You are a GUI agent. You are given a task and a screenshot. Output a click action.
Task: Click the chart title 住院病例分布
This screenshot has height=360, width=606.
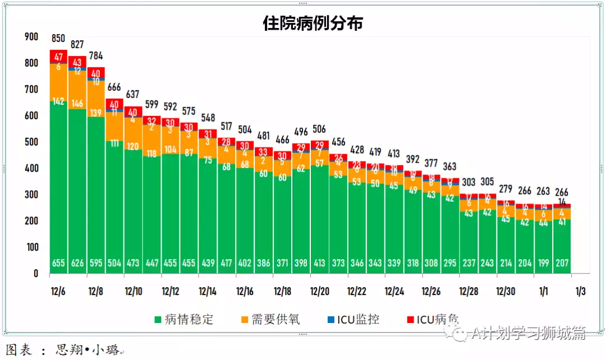pyautogui.click(x=313, y=23)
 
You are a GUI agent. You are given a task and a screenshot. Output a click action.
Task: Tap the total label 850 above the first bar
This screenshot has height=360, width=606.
pyautogui.click(x=58, y=39)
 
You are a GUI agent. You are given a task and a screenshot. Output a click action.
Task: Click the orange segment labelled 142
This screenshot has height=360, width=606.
pyautogui.click(x=58, y=101)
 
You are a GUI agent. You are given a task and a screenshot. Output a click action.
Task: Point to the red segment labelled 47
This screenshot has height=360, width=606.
pyautogui.click(x=58, y=57)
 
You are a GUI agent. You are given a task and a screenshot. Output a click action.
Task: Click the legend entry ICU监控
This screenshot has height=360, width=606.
pyautogui.click(x=358, y=320)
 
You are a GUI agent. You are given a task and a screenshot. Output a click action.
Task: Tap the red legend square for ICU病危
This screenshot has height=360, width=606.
pyautogui.click(x=411, y=320)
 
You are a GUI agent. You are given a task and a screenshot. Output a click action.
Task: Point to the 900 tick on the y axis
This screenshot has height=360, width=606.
pyautogui.click(x=31, y=36)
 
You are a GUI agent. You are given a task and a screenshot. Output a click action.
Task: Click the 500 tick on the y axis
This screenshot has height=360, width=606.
pyautogui.click(x=31, y=142)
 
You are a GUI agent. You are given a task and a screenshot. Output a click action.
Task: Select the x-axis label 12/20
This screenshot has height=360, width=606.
pyautogui.click(x=319, y=292)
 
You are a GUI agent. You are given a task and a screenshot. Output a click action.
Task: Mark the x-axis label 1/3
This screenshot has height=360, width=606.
pyautogui.click(x=580, y=292)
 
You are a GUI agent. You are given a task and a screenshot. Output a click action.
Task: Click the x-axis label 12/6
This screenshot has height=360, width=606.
pyautogui.click(x=58, y=292)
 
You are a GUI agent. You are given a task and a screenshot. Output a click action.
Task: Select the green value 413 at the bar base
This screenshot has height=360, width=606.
pyautogui.click(x=319, y=263)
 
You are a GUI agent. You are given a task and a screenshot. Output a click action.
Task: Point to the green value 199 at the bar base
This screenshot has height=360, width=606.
pyautogui.click(x=543, y=263)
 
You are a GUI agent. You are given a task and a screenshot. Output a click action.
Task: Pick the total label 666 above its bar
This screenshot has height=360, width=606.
pyautogui.click(x=114, y=87)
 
